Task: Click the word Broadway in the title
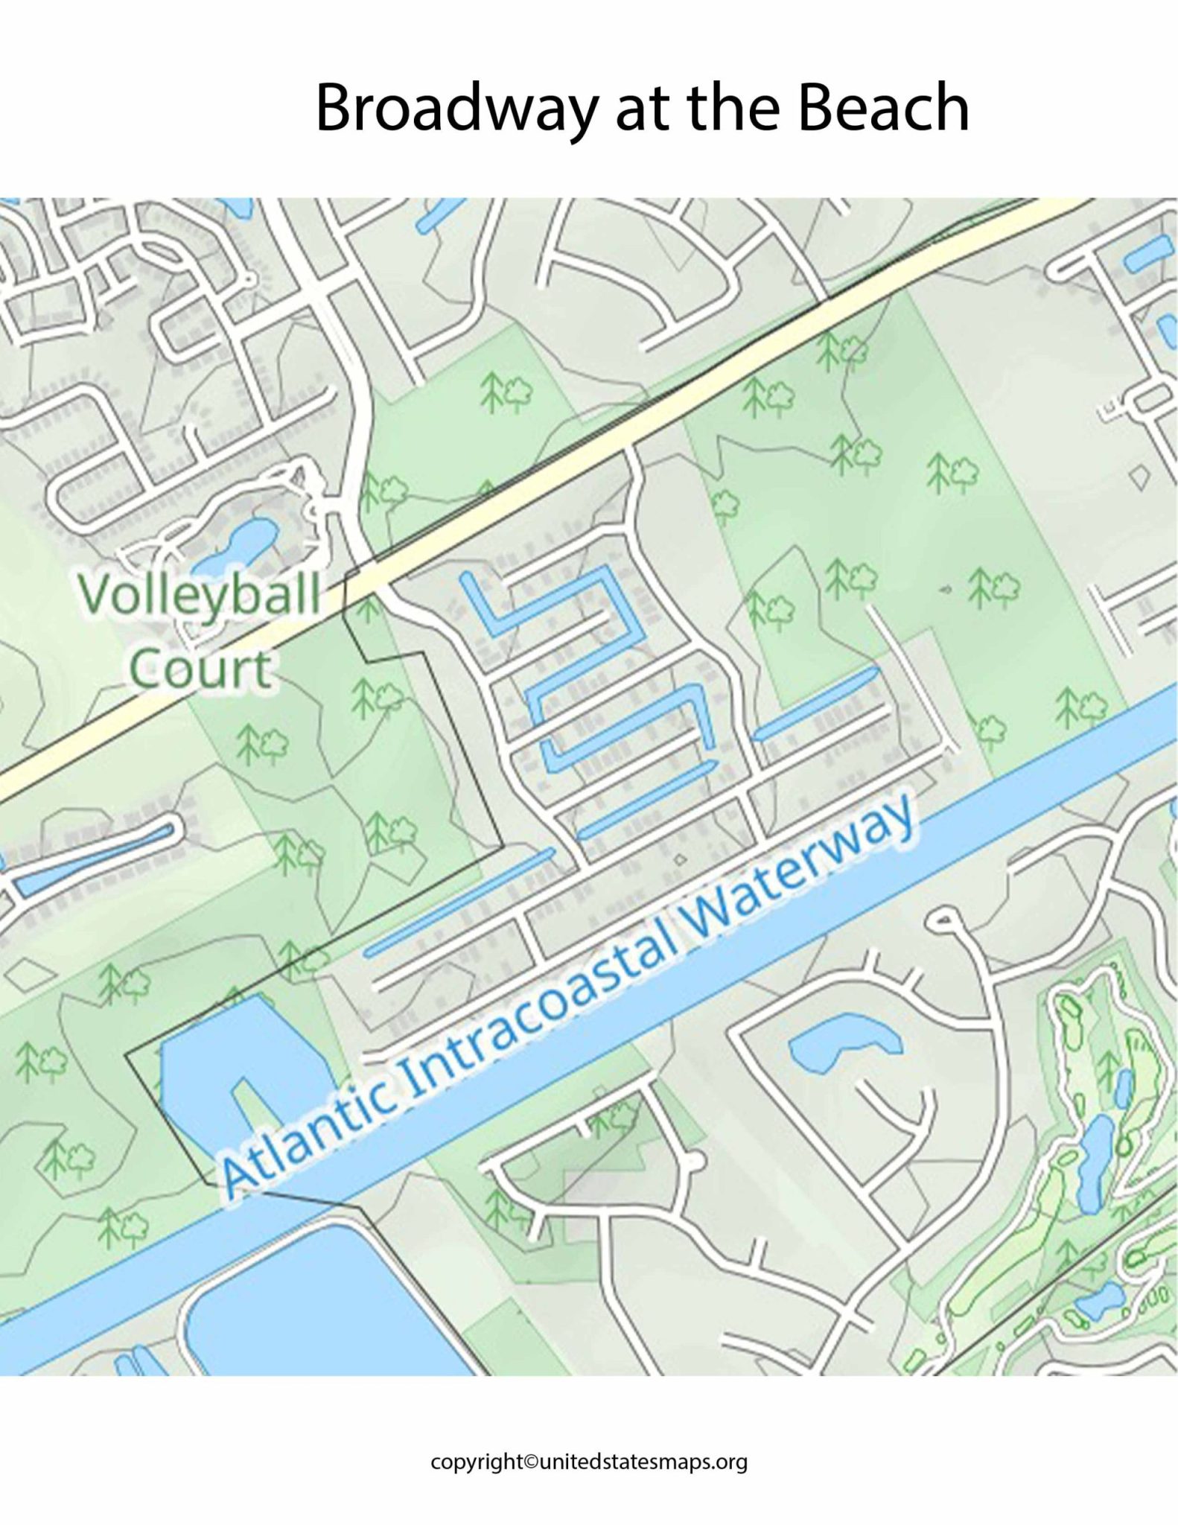coord(456,109)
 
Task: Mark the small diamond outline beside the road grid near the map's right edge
coord(1139,477)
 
